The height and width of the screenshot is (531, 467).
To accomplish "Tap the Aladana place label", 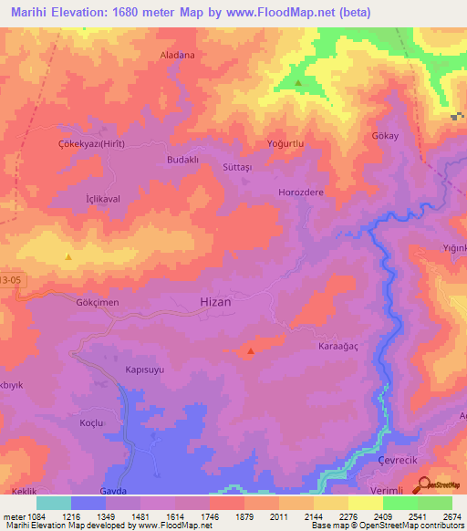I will pyautogui.click(x=178, y=56).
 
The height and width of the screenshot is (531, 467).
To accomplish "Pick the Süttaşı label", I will pyautogui.click(x=243, y=168).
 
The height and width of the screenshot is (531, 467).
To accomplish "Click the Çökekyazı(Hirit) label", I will pyautogui.click(x=91, y=144).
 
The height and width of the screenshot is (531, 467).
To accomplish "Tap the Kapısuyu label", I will pyautogui.click(x=146, y=371).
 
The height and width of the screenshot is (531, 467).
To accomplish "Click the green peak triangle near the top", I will pyautogui.click(x=299, y=83).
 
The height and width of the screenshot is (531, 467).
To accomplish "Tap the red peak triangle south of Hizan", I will pyautogui.click(x=250, y=351).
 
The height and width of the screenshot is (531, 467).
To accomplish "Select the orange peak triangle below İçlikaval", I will pyautogui.click(x=67, y=257).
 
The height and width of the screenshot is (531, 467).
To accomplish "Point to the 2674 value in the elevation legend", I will pyautogui.click(x=452, y=515).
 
